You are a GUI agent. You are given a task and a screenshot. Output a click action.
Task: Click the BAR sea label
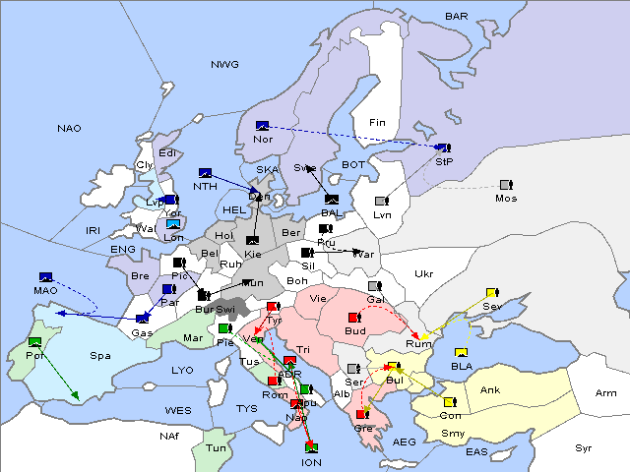click(x=457, y=17)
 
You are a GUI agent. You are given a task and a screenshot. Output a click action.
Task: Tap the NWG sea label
click(x=224, y=65)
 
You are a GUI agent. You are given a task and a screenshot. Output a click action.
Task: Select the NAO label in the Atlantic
click(x=70, y=129)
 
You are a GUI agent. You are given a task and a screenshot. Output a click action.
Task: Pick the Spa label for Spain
click(x=99, y=355)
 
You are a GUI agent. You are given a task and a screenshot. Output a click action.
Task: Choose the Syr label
click(x=584, y=447)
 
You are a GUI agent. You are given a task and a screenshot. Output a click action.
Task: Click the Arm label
click(x=606, y=393)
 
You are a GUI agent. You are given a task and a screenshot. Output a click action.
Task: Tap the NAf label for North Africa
click(x=171, y=434)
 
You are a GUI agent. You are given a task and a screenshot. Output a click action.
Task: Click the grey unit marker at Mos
click(x=506, y=185)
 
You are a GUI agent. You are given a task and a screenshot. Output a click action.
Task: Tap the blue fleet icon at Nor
click(x=262, y=126)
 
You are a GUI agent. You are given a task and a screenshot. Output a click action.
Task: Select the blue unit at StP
click(x=444, y=147)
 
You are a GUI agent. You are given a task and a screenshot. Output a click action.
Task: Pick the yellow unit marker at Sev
click(x=491, y=293)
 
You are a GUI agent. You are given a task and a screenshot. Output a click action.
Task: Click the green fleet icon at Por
click(x=35, y=341)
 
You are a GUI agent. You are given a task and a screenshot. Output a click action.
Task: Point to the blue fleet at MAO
click(x=45, y=277)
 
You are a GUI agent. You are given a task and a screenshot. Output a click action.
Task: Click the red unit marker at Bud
click(x=354, y=318)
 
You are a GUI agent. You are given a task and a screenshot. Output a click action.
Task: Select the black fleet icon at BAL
click(x=331, y=200)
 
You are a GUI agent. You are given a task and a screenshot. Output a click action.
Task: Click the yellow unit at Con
click(x=450, y=402)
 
